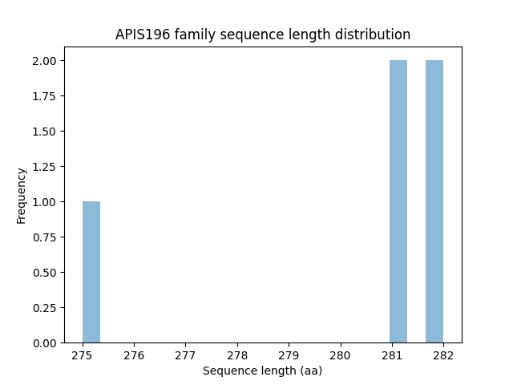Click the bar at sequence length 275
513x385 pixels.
click(91, 272)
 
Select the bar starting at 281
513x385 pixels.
click(398, 201)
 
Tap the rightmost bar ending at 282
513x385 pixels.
click(434, 201)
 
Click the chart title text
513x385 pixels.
click(263, 34)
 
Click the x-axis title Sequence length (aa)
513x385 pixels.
click(262, 371)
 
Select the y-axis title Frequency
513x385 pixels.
click(22, 195)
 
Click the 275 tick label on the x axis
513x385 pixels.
click(83, 355)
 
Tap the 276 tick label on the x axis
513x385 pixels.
click(134, 355)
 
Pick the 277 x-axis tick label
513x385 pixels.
click(185, 355)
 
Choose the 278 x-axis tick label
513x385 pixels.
click(237, 355)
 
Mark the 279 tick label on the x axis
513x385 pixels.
click(289, 355)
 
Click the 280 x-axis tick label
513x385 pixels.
click(340, 355)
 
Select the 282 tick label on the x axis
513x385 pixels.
click(442, 355)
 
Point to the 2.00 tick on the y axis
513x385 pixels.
click(43, 61)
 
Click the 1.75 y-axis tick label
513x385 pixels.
click(43, 96)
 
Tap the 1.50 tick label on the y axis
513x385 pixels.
click(43, 132)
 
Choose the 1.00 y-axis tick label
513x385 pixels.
click(43, 202)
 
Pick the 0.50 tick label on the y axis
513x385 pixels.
click(43, 273)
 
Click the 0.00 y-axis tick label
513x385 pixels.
click(43, 343)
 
